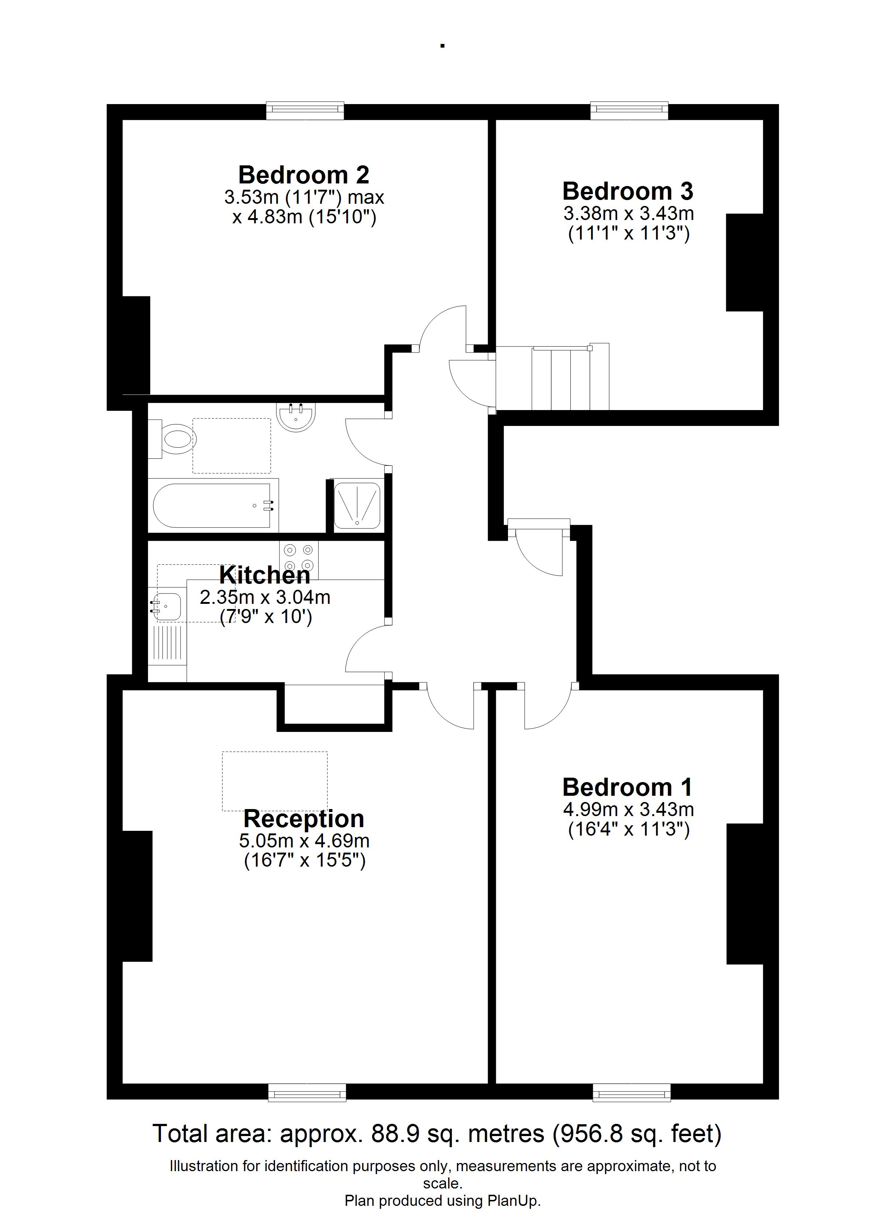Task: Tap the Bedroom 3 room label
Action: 628,191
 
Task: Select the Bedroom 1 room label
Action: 628,787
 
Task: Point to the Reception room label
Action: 304,818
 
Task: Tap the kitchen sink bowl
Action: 168,607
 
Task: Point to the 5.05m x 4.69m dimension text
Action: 304,840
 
